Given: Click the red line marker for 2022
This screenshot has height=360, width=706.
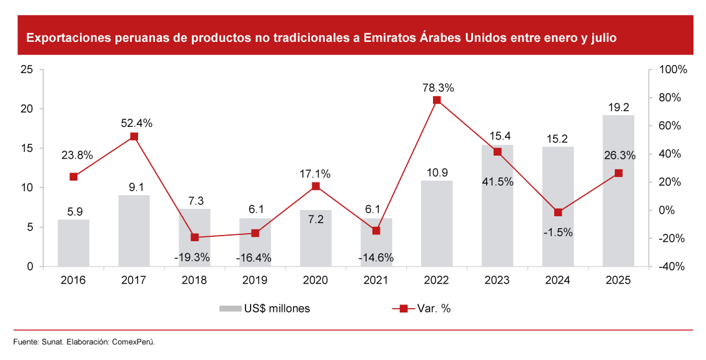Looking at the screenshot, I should click(437, 100).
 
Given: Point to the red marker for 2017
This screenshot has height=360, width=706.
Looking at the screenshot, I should click(134, 136).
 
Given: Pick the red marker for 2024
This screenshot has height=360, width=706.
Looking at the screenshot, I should click(558, 212).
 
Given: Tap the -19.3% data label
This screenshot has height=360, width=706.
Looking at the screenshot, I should click(194, 257).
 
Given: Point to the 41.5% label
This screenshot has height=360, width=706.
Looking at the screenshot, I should click(497, 182).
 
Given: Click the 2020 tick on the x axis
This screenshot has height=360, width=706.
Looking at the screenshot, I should click(316, 281).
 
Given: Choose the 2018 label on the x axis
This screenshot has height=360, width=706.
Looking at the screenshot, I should click(194, 281).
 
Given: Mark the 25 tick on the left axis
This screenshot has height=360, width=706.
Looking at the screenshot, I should click(27, 69).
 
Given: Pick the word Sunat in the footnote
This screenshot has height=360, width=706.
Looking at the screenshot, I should click(51, 341).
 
